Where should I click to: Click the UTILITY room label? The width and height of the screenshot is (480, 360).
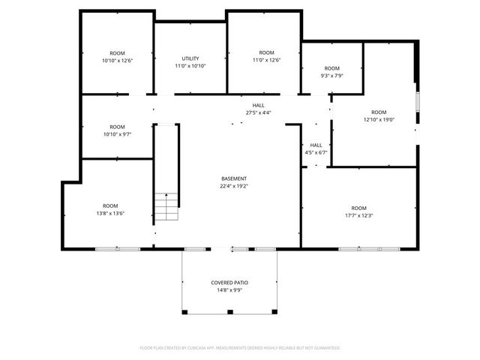[190, 58]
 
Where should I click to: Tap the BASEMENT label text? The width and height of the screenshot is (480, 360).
[233, 178]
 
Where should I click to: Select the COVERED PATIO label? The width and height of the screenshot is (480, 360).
[229, 283]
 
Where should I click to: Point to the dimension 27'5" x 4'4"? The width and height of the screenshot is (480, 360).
[258, 112]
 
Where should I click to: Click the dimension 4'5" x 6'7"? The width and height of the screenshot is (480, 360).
[316, 152]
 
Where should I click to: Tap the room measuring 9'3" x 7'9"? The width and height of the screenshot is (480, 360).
[331, 71]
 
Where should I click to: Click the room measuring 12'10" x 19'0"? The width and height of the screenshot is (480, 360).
[379, 115]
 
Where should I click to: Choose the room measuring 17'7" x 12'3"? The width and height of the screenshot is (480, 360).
[359, 211]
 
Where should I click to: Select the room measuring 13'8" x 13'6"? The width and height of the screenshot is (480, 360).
[110, 209]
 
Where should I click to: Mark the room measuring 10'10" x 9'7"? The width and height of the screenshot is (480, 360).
[117, 130]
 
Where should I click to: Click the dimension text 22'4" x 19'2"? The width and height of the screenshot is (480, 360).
[233, 186]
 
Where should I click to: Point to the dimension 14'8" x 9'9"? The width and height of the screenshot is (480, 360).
[229, 290]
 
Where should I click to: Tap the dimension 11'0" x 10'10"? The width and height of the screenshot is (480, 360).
[190, 66]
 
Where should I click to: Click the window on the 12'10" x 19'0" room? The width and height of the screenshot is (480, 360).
[418, 101]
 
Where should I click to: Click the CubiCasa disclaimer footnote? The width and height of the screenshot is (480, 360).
[240, 348]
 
